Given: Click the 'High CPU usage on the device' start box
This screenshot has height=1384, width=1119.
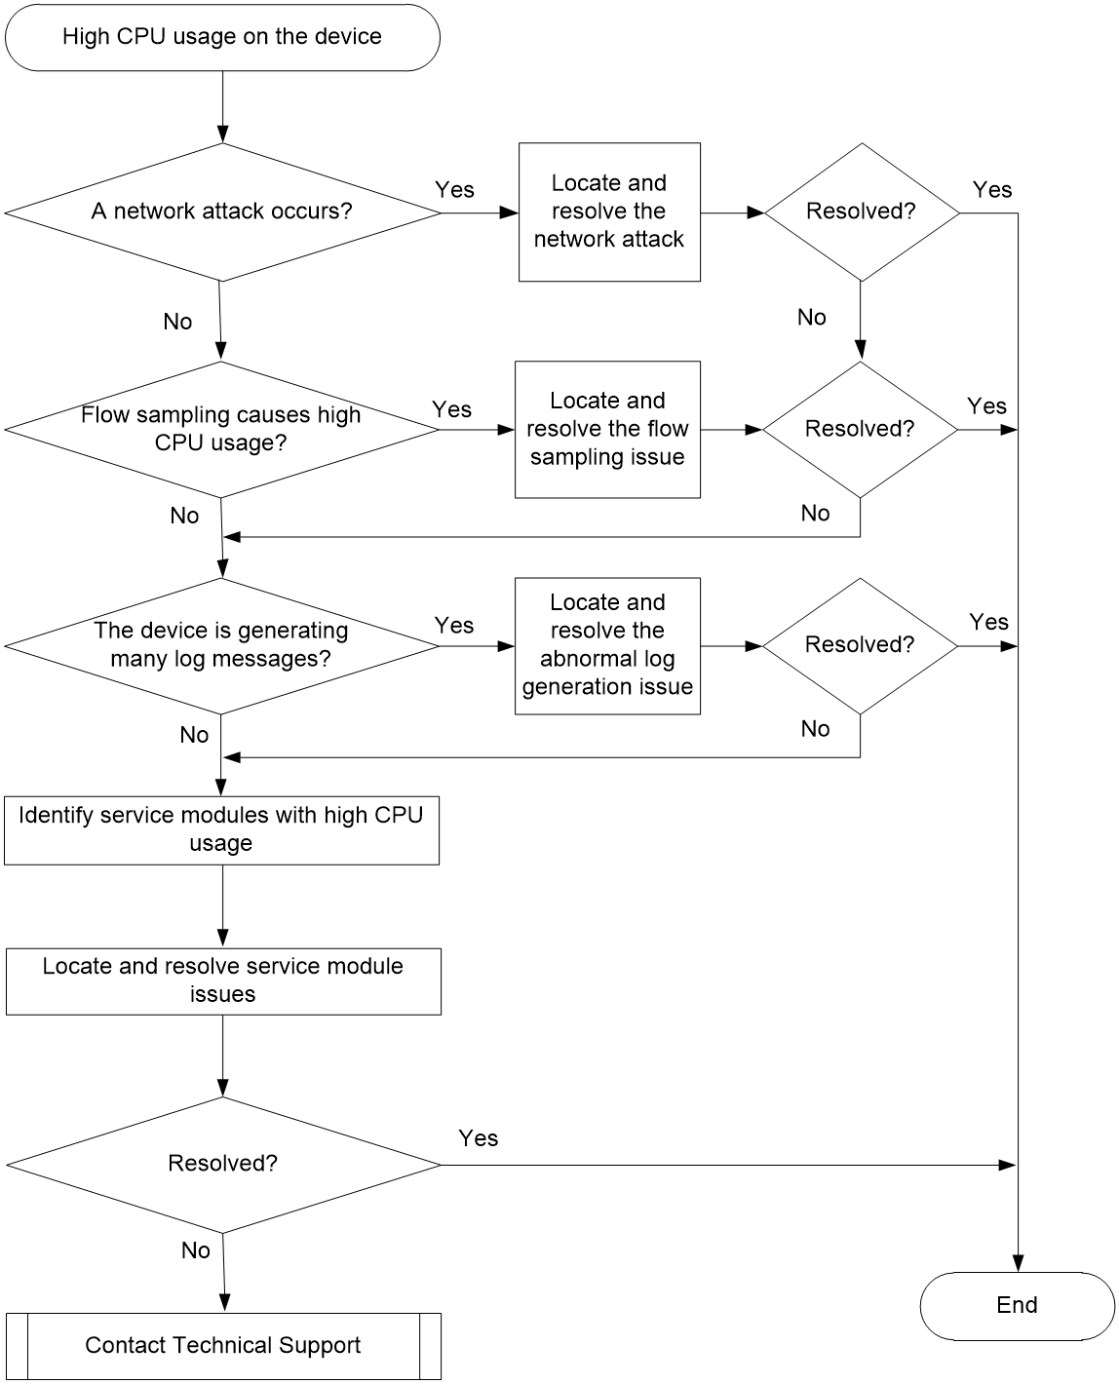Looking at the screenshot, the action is (x=222, y=38).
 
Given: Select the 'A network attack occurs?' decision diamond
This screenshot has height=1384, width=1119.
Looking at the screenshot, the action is (x=222, y=211).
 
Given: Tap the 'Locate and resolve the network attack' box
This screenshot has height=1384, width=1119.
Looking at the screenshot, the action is (x=609, y=211).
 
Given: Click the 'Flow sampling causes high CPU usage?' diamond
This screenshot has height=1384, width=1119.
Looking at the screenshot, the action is (x=221, y=429).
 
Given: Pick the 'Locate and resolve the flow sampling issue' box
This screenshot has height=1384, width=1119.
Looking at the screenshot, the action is (x=607, y=430).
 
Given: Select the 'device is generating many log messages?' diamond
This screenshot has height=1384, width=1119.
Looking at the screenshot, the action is (x=221, y=646).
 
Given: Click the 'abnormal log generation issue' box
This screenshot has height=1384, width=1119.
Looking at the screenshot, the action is (x=607, y=646).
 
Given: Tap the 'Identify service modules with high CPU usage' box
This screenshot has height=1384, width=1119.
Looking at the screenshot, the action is (x=221, y=830).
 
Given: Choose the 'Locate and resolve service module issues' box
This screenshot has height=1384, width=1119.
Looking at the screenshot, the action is (x=223, y=981).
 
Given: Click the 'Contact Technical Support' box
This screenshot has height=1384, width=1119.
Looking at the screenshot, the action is (x=223, y=1346).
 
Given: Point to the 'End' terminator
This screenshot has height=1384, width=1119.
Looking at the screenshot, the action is (x=1017, y=1306).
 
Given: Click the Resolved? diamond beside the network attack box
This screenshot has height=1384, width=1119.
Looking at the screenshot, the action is (x=862, y=211).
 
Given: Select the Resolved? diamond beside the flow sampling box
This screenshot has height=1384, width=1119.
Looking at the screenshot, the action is (x=860, y=430).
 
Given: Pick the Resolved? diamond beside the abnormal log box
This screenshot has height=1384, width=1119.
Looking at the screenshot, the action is (x=860, y=646).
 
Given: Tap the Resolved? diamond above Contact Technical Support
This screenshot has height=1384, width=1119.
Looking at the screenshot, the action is (x=223, y=1165).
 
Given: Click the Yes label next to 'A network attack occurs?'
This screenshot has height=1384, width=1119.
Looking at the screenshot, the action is (x=454, y=190).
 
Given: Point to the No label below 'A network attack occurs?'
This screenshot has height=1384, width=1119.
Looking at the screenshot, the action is (x=177, y=322).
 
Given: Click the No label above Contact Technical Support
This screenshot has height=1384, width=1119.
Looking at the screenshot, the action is (x=196, y=1250).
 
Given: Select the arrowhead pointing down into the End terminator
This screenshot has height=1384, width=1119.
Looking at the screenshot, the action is (x=1018, y=1263).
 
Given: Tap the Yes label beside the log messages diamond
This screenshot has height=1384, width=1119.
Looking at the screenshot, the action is (x=454, y=625).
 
